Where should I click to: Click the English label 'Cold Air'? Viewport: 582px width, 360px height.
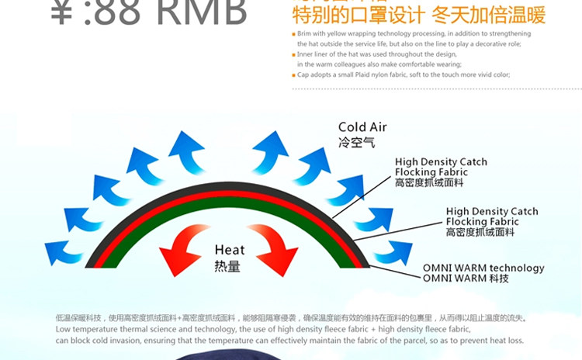point(362,127)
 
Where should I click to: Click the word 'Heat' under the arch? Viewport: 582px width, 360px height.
point(230,250)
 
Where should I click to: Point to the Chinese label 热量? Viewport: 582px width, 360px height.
point(227,266)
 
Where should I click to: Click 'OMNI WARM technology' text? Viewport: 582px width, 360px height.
point(483,268)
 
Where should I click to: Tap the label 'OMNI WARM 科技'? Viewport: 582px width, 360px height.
point(466,279)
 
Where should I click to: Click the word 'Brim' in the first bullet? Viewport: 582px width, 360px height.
point(305,34)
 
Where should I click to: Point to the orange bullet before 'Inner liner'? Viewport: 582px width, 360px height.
point(293,55)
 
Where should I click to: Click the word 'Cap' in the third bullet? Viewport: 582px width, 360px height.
point(303,74)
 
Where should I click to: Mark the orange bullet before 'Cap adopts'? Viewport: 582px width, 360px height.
point(293,75)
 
